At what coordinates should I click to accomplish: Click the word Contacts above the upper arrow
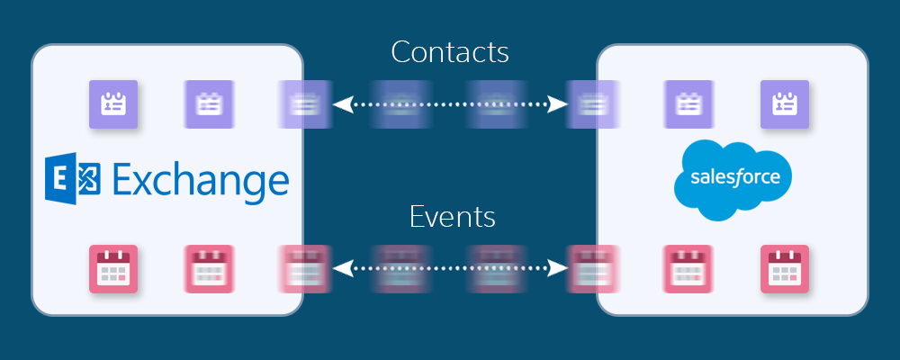450,51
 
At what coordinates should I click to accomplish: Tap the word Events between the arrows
452,218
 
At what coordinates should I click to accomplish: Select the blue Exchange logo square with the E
74,179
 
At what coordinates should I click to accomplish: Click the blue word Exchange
201,180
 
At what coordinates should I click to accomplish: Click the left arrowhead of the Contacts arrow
340,105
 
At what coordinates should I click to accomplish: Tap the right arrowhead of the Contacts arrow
559,105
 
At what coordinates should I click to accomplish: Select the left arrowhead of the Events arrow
340,268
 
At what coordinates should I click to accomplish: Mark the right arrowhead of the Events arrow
559,268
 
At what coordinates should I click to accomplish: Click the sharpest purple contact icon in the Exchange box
113,104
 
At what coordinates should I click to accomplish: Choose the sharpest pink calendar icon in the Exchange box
113,268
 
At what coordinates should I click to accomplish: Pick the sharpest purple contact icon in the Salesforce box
785,104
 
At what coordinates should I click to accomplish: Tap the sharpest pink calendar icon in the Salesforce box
785,268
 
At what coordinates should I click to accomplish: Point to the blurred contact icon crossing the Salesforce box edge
594,104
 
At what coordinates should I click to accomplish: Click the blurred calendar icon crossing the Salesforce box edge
594,268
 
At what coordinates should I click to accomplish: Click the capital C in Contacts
400,52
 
